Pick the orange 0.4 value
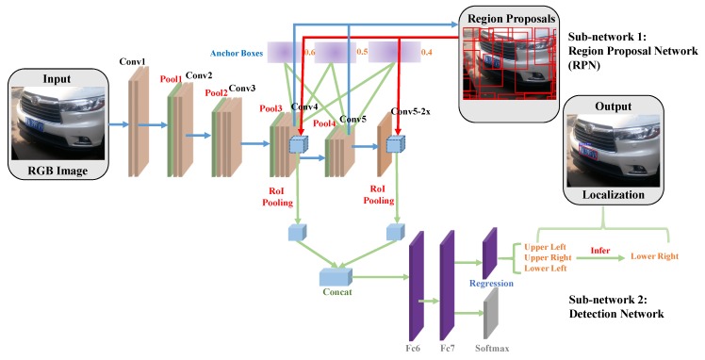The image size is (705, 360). (427, 52)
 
